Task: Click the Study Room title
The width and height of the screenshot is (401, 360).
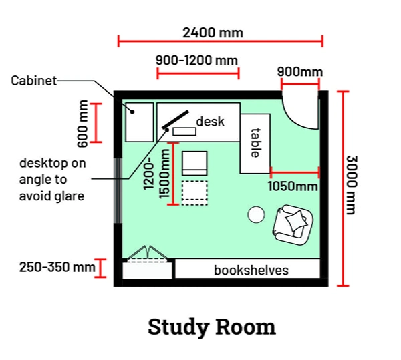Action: click(x=211, y=327)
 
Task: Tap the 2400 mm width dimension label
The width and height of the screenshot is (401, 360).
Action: click(x=213, y=32)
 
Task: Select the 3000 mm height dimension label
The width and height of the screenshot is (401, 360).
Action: click(x=352, y=186)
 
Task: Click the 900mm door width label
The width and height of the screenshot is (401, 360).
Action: click(x=300, y=71)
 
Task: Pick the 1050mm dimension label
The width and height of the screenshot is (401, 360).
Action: click(x=293, y=186)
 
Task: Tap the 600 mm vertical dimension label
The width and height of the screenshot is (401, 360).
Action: click(x=83, y=123)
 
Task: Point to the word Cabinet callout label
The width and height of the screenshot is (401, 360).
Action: click(x=34, y=81)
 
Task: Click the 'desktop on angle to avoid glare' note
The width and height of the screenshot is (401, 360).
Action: click(x=52, y=179)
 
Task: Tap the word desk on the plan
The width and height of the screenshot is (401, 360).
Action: click(x=210, y=122)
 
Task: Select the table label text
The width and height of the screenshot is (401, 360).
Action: click(x=255, y=144)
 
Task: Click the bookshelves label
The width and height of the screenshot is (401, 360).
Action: click(x=251, y=270)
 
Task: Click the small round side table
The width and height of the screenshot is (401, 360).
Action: click(x=257, y=214)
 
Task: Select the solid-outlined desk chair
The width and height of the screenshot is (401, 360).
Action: click(x=195, y=163)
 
